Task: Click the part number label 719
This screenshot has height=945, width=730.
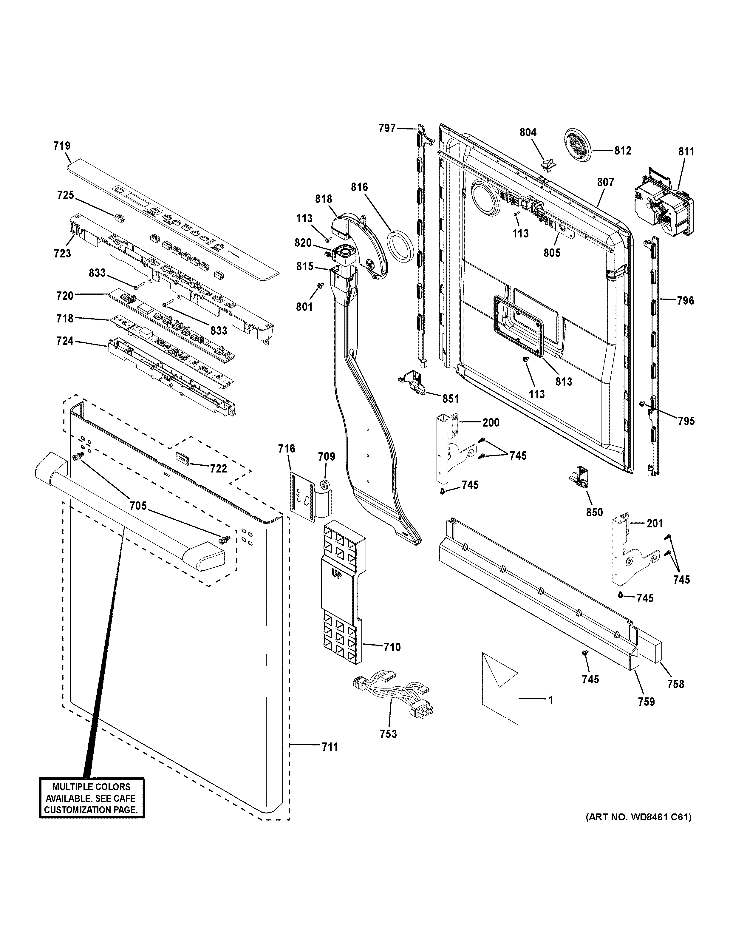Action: point(62,146)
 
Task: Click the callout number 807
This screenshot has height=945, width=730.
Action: point(605,182)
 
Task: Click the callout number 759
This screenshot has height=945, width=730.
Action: point(646,701)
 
